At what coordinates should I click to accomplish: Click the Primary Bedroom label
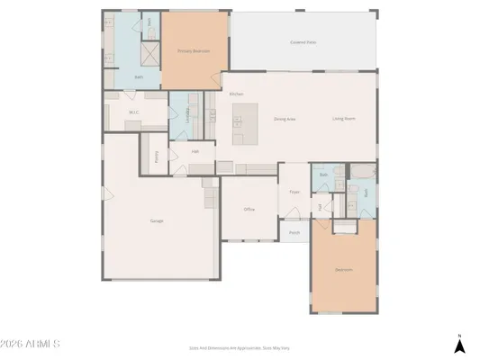(194, 51)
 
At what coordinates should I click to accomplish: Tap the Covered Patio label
(303, 41)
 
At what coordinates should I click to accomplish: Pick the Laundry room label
(187, 114)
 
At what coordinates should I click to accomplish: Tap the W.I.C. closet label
(133, 112)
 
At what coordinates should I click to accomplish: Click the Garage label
(157, 220)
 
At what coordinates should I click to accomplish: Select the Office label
(249, 209)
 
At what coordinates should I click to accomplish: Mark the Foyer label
(294, 192)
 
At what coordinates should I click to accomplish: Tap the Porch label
(294, 232)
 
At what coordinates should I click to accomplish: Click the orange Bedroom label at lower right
(343, 270)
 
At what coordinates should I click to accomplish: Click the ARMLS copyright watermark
(31, 344)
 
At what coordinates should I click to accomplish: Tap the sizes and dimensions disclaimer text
(240, 347)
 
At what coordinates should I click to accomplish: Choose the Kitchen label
(236, 94)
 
